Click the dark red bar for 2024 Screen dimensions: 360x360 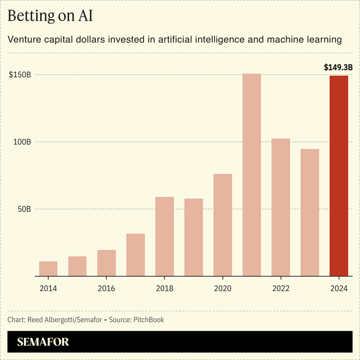pyautogui.click(x=339, y=175)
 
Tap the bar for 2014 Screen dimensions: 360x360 pyautogui.click(x=48, y=268)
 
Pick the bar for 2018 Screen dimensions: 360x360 pyautogui.click(x=164, y=236)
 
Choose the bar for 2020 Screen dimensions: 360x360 pyautogui.click(x=222, y=225)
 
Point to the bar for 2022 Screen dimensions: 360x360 pyautogui.click(x=281, y=207)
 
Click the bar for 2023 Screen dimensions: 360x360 pyautogui.click(x=310, y=212)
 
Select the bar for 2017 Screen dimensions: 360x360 pyautogui.click(x=135, y=255)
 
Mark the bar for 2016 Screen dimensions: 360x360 pyautogui.click(x=106, y=263)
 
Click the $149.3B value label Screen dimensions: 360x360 pyautogui.click(x=338, y=67)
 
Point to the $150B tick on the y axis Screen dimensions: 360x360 pyautogui.click(x=20, y=75)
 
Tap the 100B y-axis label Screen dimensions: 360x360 pyautogui.click(x=22, y=142)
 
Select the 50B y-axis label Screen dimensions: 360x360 pyautogui.click(x=23, y=209)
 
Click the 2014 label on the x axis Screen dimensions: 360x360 pyautogui.click(x=48, y=288)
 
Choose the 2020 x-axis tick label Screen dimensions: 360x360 pyautogui.click(x=222, y=288)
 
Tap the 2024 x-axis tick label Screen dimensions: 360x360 pyautogui.click(x=339, y=288)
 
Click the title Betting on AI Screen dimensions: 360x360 pyautogui.click(x=50, y=16)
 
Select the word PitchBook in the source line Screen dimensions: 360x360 pyautogui.click(x=148, y=320)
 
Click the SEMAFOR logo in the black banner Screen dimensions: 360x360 pyautogui.click(x=43, y=342)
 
